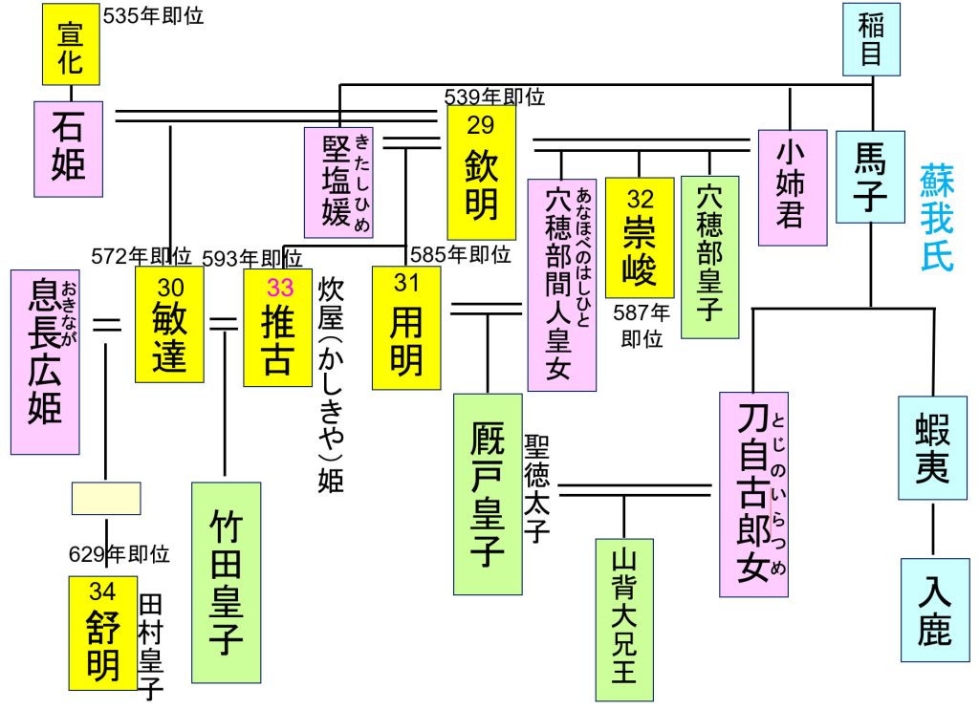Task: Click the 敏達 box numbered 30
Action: [169, 325]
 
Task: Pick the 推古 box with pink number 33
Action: [277, 326]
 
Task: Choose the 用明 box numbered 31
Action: [406, 327]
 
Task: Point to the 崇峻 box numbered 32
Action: [639, 237]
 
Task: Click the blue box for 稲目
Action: [871, 40]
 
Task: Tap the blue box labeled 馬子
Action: [870, 176]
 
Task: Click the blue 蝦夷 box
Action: [932, 447]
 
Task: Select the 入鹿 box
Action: [933, 610]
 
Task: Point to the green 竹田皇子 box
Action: [226, 582]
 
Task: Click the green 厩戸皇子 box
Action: [488, 493]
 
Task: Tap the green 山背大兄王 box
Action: [623, 619]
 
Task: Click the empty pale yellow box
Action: [106, 498]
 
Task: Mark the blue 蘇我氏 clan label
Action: [937, 218]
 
